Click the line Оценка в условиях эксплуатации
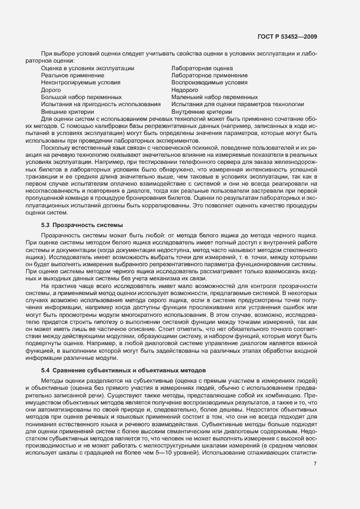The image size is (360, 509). point(88,68)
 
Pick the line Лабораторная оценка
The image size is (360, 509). point(202,68)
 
